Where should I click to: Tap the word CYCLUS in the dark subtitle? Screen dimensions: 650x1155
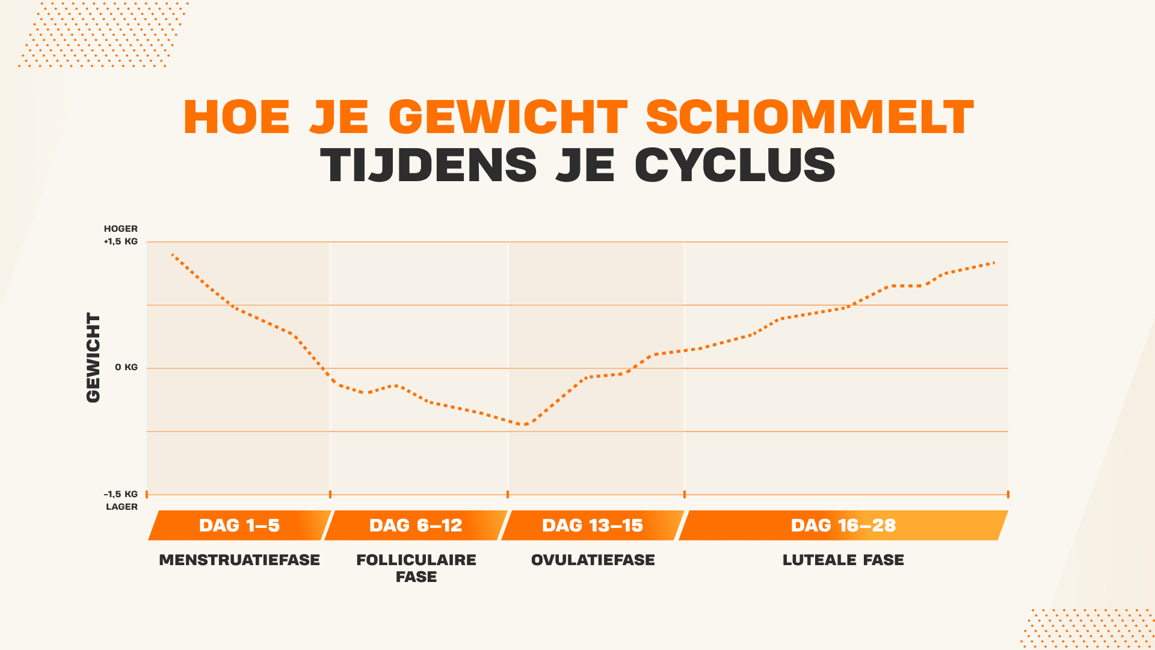(x=735, y=165)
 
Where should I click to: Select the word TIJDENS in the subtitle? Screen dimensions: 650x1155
(x=428, y=165)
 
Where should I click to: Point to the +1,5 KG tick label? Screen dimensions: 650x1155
(x=121, y=241)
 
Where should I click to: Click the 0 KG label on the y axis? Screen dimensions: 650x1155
(x=126, y=367)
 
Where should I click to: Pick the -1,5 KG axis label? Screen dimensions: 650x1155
(x=121, y=494)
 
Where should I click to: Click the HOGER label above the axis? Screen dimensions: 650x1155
(x=121, y=229)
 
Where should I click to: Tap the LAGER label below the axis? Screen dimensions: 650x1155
(x=122, y=507)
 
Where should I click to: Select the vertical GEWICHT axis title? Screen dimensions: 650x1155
(x=93, y=357)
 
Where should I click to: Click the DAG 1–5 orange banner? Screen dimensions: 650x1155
(x=239, y=525)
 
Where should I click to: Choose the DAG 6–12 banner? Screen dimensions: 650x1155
(x=416, y=525)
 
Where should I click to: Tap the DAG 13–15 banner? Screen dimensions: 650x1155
(x=593, y=525)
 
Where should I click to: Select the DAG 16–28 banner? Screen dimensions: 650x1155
(x=843, y=525)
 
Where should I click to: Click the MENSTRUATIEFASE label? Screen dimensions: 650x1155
(x=239, y=560)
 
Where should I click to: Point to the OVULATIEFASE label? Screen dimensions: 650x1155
(x=593, y=560)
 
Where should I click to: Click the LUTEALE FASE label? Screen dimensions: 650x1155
(x=843, y=560)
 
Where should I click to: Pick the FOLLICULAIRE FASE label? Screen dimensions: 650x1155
(x=416, y=568)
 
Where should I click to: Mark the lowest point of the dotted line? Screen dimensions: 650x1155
(x=525, y=424)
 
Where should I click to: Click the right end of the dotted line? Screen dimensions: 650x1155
(x=994, y=262)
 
